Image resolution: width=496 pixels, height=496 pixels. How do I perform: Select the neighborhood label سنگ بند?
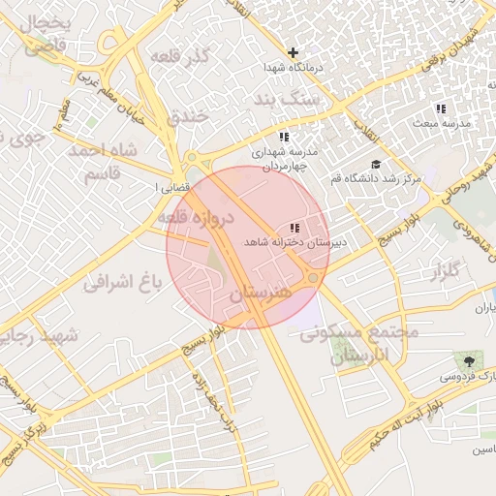(x=286, y=100)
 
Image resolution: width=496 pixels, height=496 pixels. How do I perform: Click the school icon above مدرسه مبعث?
(x=441, y=108)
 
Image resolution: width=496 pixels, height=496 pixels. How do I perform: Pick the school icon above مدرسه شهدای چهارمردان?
(x=284, y=137)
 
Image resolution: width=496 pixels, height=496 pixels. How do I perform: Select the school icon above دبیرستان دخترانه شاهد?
(x=294, y=226)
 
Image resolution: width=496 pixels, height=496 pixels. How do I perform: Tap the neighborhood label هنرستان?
(x=262, y=292)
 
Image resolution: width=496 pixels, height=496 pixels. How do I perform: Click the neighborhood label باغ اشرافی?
(x=121, y=283)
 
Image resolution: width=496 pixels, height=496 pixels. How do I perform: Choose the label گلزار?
(x=444, y=271)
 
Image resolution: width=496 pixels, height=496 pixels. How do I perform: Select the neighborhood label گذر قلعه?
(x=180, y=56)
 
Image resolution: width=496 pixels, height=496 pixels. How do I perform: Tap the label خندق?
(x=188, y=117)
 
